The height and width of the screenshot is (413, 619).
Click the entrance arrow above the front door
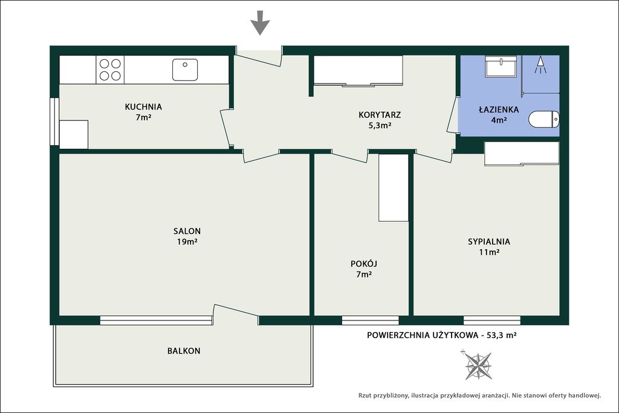click(260, 23)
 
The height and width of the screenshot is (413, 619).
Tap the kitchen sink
click(185, 70)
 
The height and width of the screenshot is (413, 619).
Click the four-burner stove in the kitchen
click(110, 70)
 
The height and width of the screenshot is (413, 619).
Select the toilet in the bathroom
click(544, 119)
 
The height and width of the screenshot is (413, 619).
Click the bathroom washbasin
click(501, 67)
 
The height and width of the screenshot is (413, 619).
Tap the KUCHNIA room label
click(143, 106)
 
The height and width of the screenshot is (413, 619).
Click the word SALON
click(187, 231)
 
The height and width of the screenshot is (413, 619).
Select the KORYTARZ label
click(380, 115)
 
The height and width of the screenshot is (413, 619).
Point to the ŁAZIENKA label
click(499, 109)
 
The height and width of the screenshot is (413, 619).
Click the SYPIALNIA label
click(489, 242)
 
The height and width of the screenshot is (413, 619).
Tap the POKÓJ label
click(364, 264)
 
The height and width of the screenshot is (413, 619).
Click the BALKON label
click(184, 351)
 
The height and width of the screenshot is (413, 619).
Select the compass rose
click(478, 365)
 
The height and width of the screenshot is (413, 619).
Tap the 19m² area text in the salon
click(187, 242)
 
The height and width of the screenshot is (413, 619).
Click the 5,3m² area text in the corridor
click(380, 126)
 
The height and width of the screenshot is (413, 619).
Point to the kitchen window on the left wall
click(54, 121)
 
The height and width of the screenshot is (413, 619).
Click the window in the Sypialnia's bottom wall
click(492, 320)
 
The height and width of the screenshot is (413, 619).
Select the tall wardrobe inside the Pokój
click(393, 187)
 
